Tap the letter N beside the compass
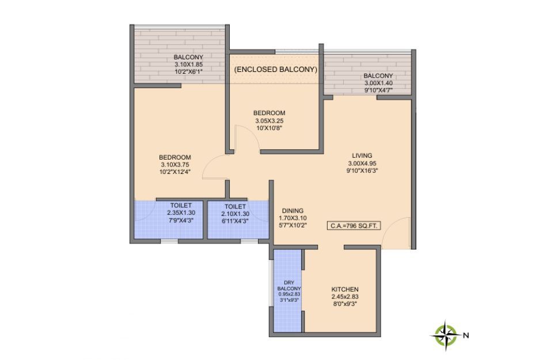[466, 335]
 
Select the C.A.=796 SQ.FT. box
[354, 226]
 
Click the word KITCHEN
[345, 289]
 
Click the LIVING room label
[362, 156]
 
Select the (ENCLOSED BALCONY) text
[276, 69]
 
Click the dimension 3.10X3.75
[175, 165]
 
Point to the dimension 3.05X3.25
[269, 120]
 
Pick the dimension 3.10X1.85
[189, 65]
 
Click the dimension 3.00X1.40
[378, 83]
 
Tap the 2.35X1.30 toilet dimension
[181, 213]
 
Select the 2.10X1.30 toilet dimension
[235, 214]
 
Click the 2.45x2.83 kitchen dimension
[345, 297]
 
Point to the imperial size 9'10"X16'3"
[362, 171]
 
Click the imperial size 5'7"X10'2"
[292, 226]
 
